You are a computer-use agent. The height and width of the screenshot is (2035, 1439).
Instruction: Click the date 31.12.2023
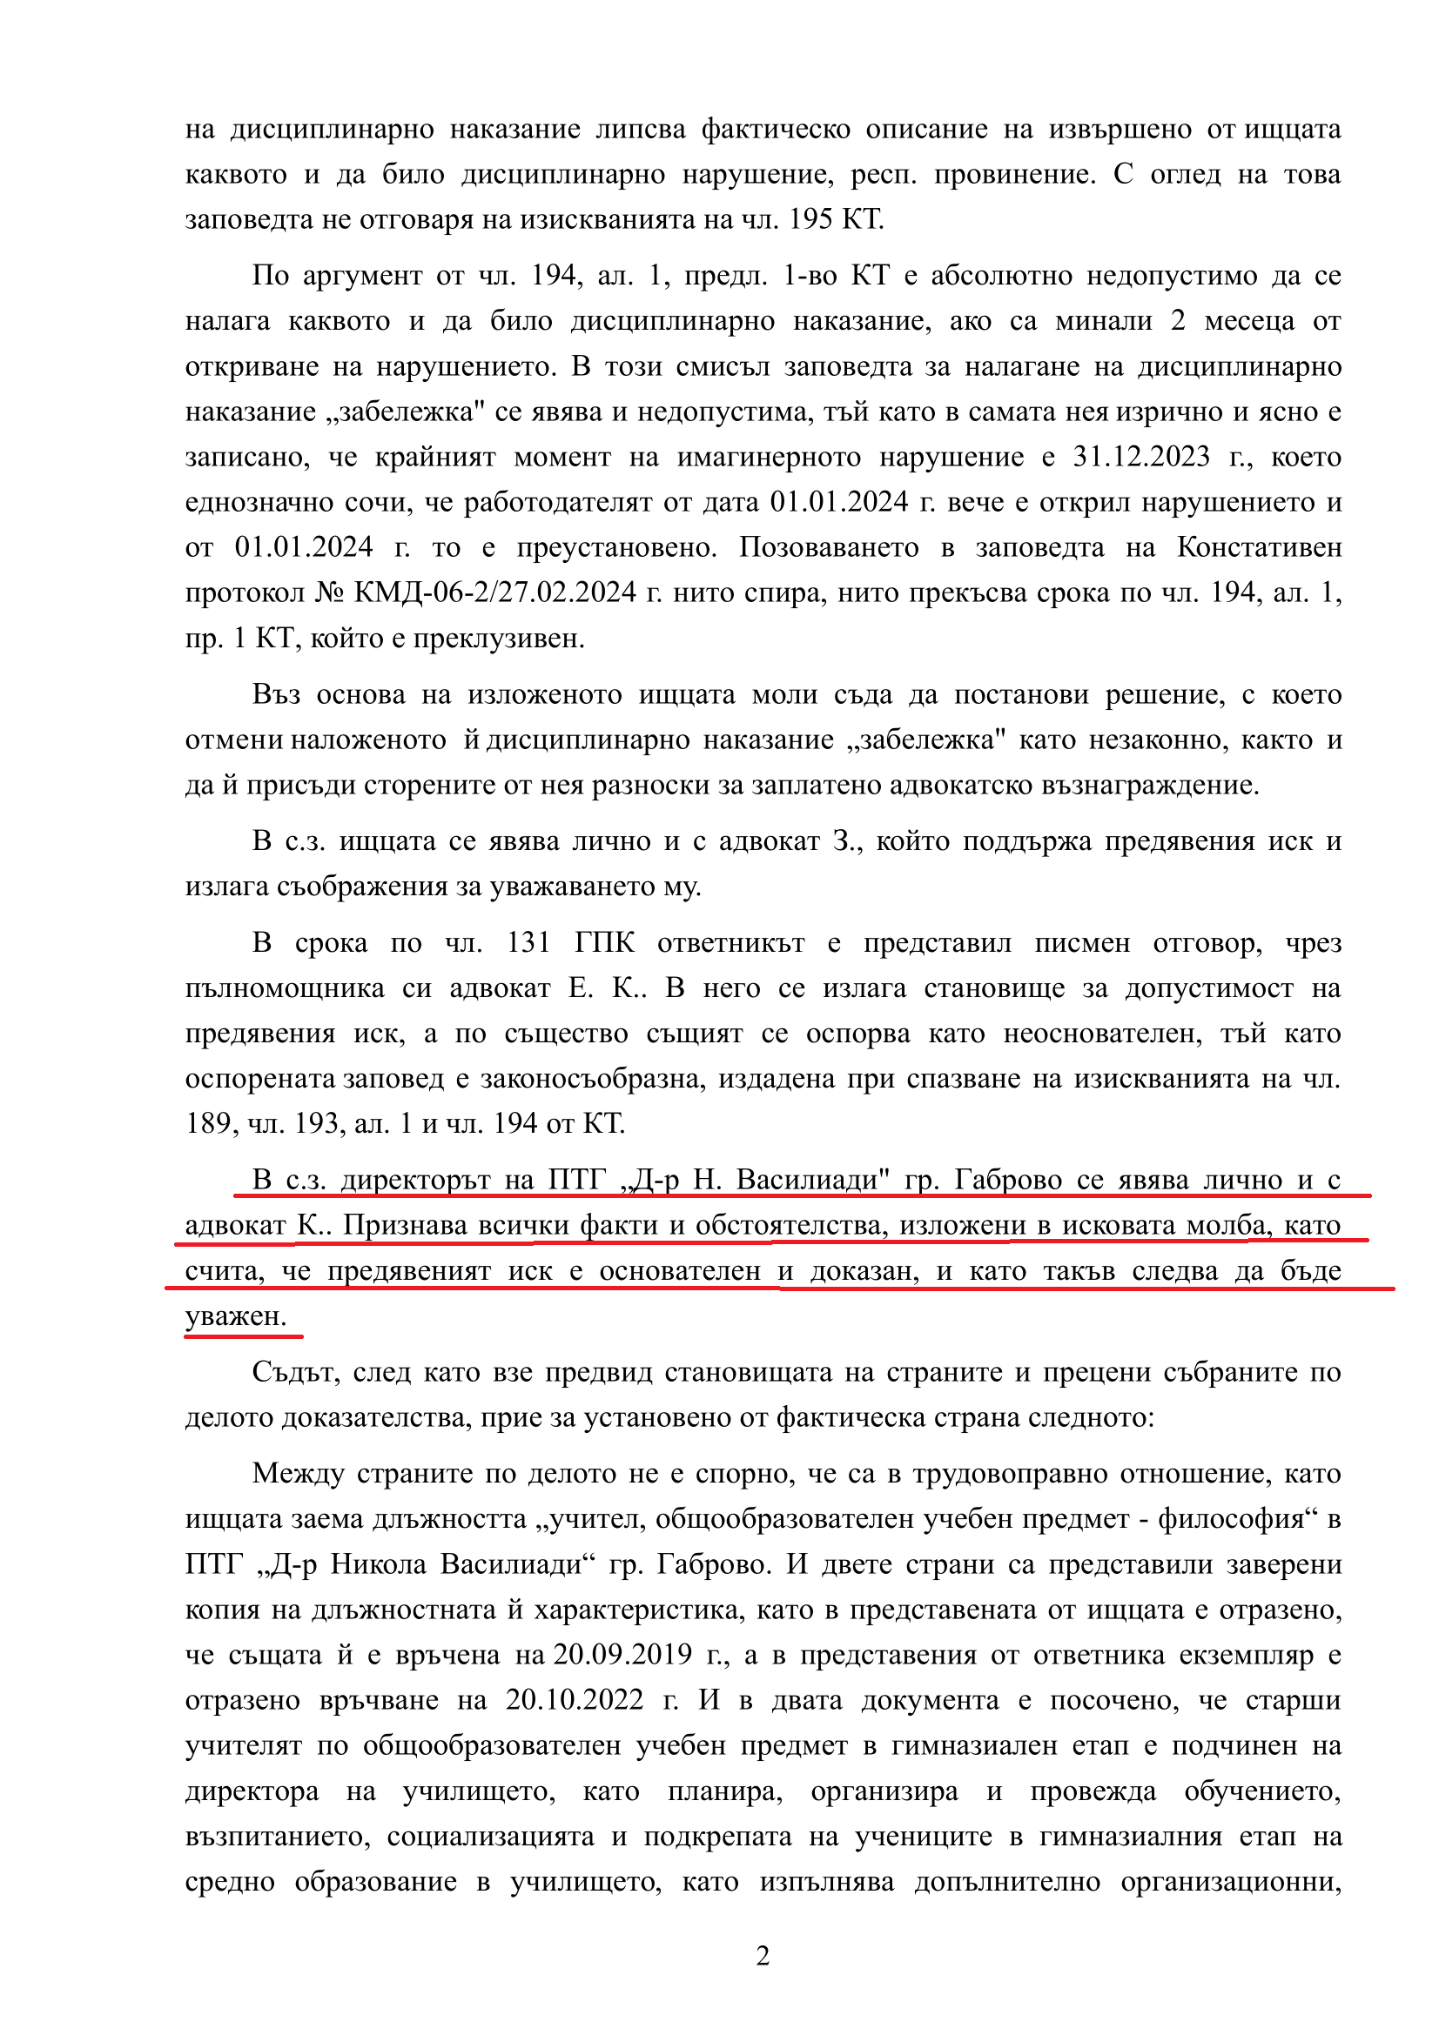(1141, 457)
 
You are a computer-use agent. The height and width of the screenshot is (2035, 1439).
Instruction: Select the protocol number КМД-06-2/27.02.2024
(494, 592)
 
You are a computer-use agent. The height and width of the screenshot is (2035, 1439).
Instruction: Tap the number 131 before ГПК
(528, 942)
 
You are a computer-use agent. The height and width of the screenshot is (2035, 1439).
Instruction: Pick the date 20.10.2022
(575, 1699)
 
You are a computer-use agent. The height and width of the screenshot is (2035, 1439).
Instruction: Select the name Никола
(379, 1563)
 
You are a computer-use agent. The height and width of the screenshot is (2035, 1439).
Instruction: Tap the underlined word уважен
(235, 1316)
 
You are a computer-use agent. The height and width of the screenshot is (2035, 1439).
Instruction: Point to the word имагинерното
(769, 457)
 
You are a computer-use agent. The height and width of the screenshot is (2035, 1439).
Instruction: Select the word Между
(297, 1473)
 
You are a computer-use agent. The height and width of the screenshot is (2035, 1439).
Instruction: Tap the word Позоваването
(829, 547)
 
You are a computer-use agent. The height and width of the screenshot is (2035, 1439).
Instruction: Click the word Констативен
(1259, 547)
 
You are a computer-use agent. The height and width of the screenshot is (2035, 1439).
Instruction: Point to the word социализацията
(490, 1836)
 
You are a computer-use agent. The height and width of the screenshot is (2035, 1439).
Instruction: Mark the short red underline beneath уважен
(243, 1335)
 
